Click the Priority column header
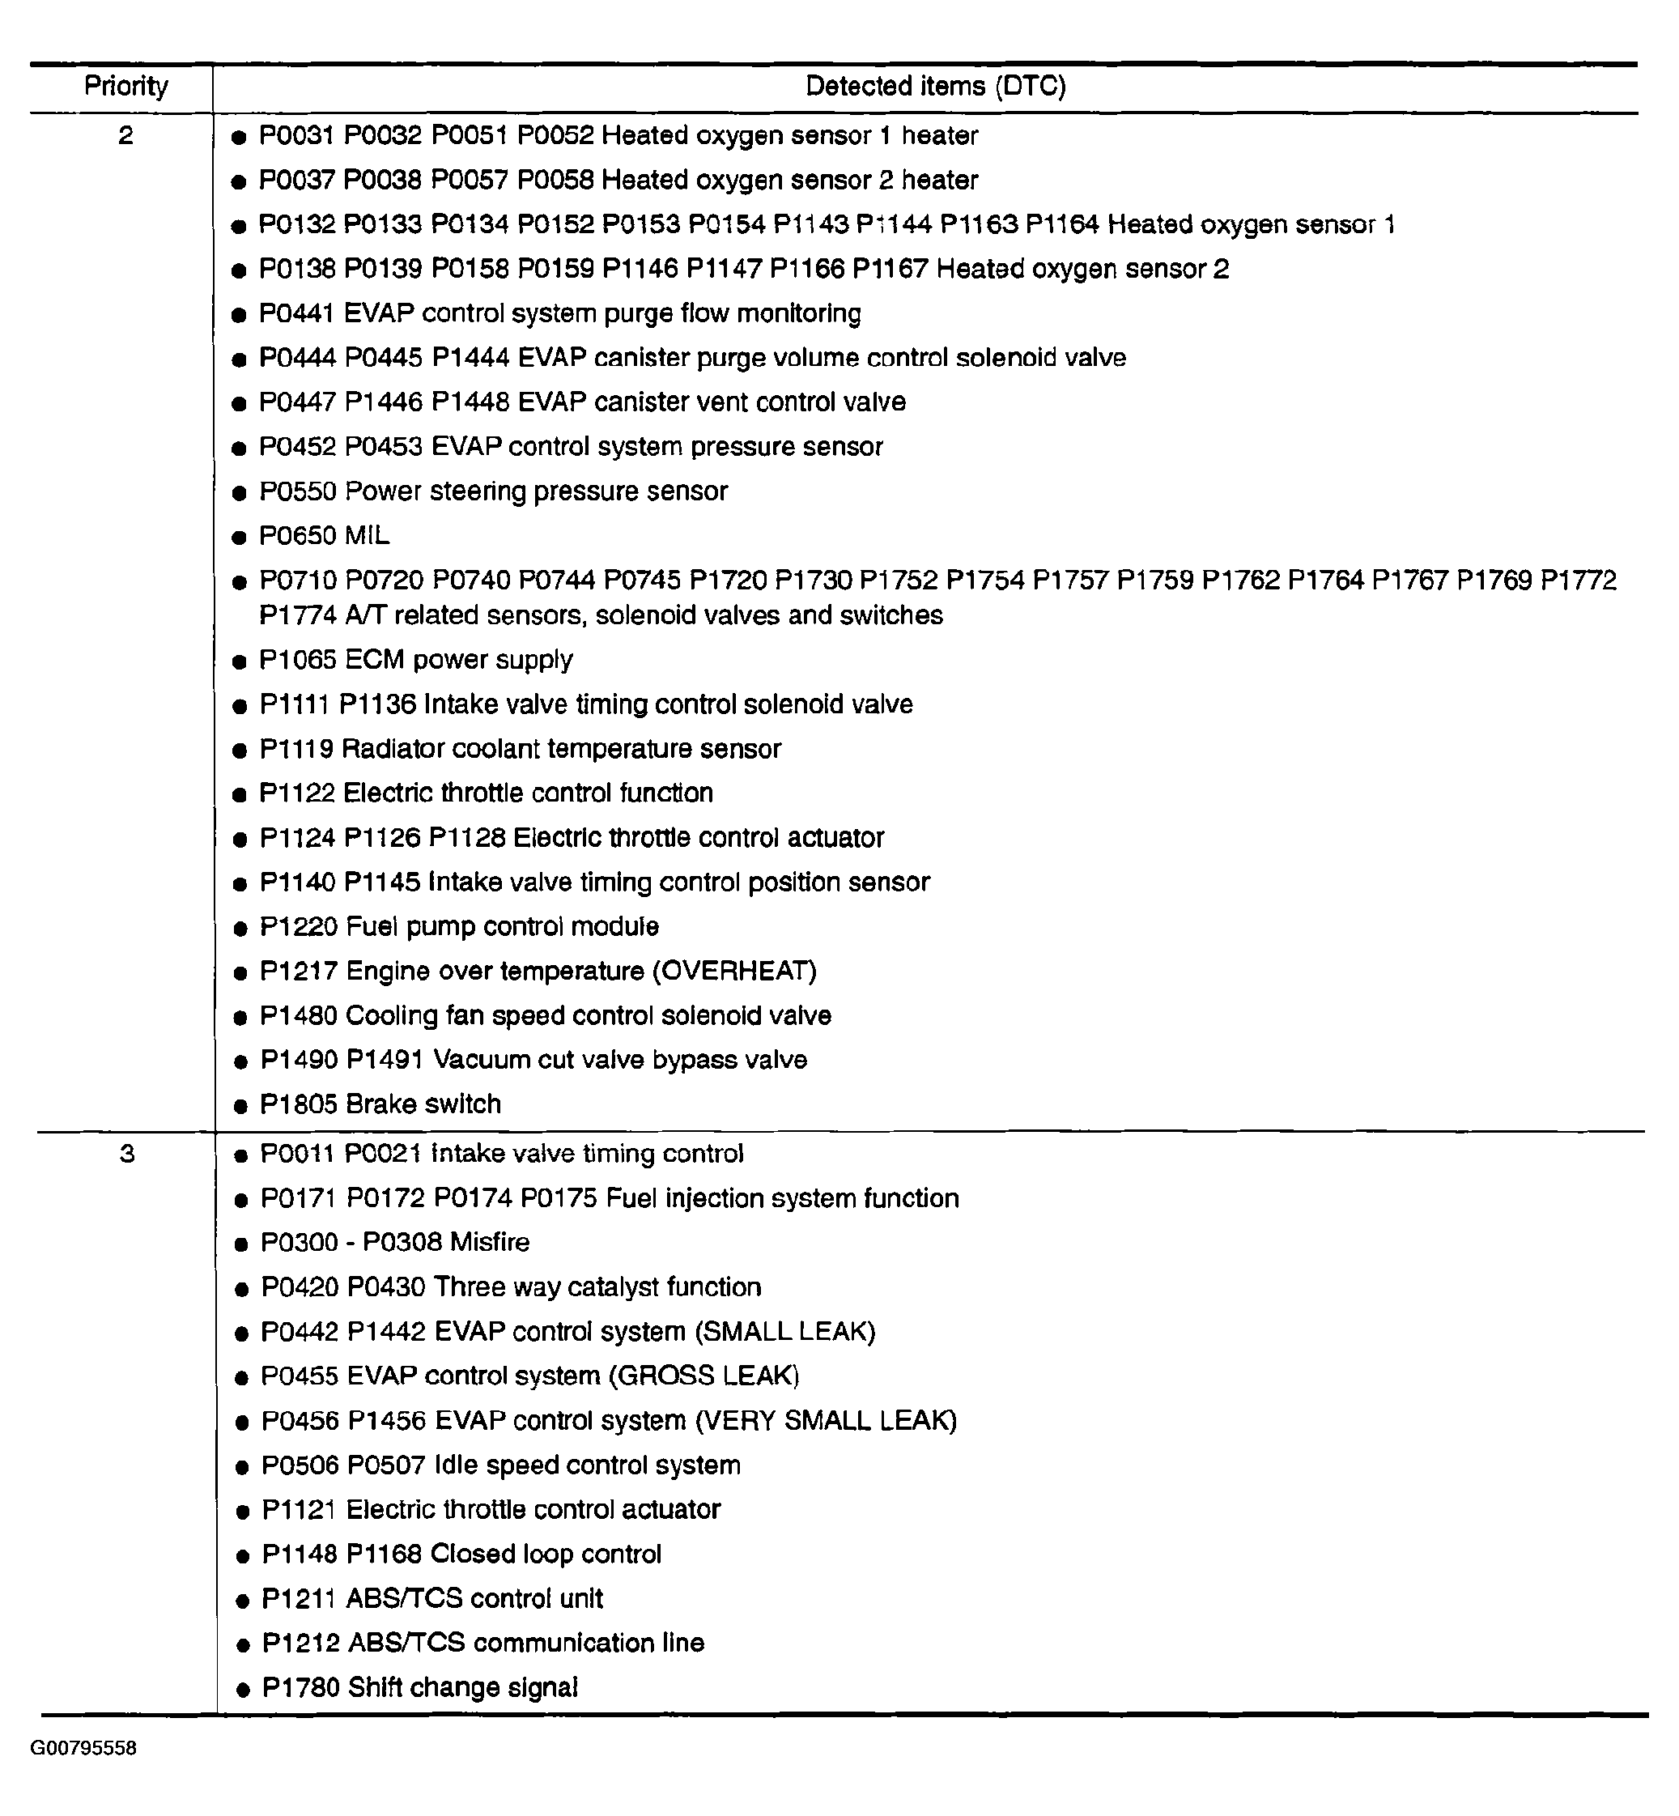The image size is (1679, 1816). tap(126, 87)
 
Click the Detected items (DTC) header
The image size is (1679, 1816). tap(935, 87)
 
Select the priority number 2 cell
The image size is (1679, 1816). tap(125, 135)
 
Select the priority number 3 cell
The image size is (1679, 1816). tap(127, 1154)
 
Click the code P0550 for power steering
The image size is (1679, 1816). tap(298, 491)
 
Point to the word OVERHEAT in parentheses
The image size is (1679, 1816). tap(734, 971)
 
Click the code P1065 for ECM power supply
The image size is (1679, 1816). tap(298, 660)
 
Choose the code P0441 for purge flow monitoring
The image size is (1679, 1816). tap(297, 313)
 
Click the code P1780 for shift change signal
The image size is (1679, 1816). tap(300, 1687)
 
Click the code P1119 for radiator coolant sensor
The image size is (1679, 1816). tap(297, 749)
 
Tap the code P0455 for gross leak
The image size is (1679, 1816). tap(300, 1376)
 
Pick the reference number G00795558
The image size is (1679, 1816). tap(83, 1749)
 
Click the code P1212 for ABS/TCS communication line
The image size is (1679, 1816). tap(300, 1643)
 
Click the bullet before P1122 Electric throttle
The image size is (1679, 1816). tap(240, 795)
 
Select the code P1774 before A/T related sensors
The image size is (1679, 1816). tap(298, 615)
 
